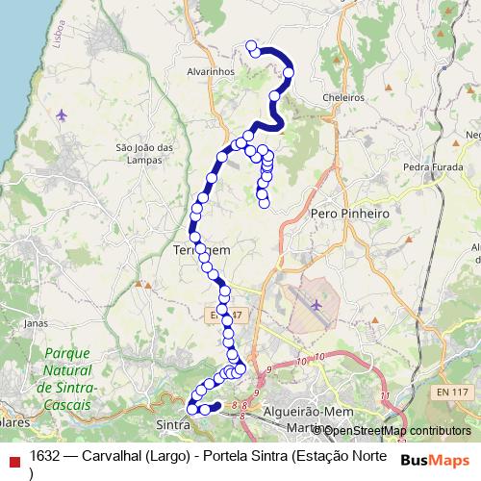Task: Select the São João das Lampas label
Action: coord(143,153)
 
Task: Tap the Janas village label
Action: coord(35,323)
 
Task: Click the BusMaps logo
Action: coord(435,460)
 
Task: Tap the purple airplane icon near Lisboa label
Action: coord(63,116)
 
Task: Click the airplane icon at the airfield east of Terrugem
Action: coord(318,305)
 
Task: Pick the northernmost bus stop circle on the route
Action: coord(252,45)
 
